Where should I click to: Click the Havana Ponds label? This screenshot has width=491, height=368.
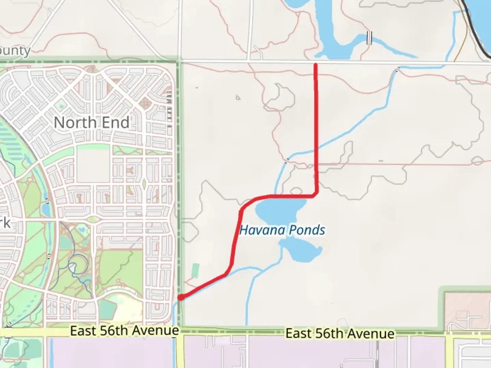point(282,230)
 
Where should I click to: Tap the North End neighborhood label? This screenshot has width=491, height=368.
point(92,123)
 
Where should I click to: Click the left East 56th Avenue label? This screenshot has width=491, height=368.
point(124,331)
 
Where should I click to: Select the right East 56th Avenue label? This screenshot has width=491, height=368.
point(340,334)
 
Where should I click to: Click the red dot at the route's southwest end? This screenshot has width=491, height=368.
point(181,297)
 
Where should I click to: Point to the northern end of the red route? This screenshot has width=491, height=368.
point(316,65)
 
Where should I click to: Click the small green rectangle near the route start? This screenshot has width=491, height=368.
point(195,271)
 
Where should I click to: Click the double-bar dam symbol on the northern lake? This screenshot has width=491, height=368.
point(369,38)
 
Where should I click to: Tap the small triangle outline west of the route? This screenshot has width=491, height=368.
point(238,98)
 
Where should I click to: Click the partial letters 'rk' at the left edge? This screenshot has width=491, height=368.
point(5,223)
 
